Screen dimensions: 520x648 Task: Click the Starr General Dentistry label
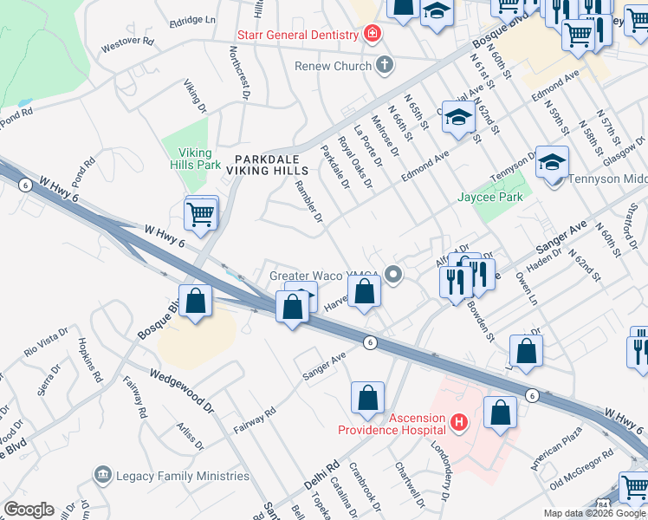tap(299, 35)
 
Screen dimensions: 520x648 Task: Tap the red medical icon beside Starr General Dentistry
tap(372, 35)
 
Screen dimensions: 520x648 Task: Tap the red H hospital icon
tap(459, 423)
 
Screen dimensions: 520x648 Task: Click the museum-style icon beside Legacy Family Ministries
tap(103, 475)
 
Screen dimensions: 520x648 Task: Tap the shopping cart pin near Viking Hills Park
tap(201, 212)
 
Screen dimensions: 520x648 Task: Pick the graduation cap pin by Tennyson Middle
tap(552, 162)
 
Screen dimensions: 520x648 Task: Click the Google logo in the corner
tap(28, 510)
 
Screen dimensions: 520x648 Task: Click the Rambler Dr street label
tap(308, 200)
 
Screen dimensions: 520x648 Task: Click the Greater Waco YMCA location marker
tap(394, 276)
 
